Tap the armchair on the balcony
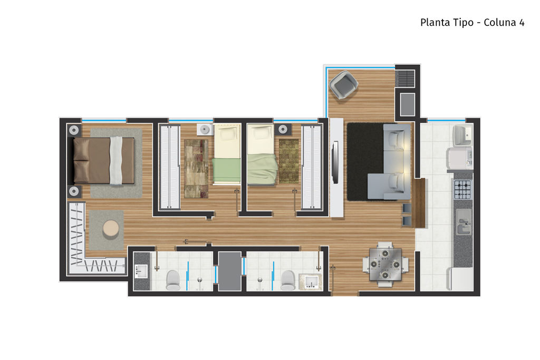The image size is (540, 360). point(343,85)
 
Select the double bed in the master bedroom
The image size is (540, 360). point(104,160)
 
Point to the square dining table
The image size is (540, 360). point(385,264)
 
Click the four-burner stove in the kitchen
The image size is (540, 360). point(462,189)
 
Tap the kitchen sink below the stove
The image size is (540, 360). point(464,222)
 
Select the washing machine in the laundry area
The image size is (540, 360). point(459,158)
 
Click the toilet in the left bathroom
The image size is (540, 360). point(173,280)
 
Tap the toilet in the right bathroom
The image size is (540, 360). point(287,280)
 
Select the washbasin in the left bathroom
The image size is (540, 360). point(141,271)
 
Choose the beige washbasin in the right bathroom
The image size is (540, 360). point(310,282)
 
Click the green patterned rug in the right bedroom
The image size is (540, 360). point(288,161)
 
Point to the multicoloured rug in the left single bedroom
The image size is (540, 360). point(196,168)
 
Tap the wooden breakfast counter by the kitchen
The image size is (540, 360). point(420,203)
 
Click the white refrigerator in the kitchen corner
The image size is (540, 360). point(460,279)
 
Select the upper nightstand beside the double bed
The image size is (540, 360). point(74,130)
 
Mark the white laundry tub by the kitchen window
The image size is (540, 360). point(463,135)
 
